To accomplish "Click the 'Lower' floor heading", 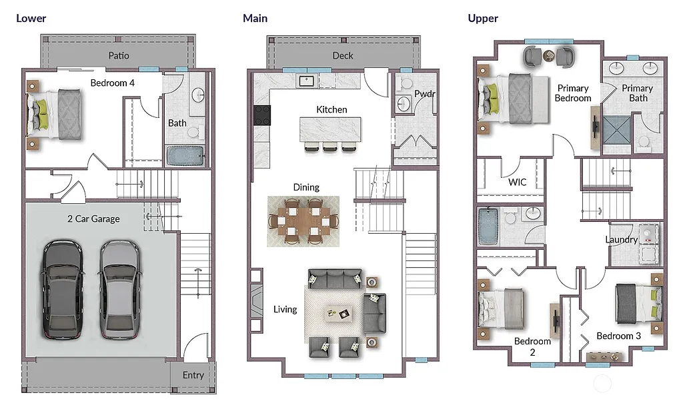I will (x=31, y=18).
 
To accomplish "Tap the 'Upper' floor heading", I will (x=483, y=18).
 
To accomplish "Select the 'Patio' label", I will (x=119, y=55).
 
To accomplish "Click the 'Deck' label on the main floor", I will (x=343, y=55).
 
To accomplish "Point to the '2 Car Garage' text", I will (x=93, y=218).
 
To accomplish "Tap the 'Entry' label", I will (x=193, y=375).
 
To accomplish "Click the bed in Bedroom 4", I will (x=57, y=114).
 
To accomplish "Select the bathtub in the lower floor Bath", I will (x=184, y=156).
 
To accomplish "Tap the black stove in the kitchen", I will (x=262, y=115).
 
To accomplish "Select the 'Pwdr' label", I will (x=424, y=94).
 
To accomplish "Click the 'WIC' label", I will (x=518, y=181).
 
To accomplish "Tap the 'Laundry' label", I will (x=621, y=240).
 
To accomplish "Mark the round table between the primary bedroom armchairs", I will (x=548, y=56).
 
